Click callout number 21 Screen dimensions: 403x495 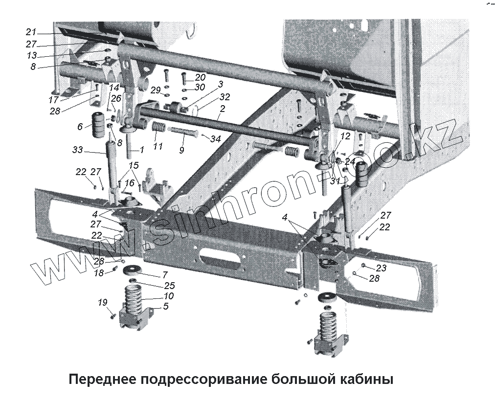pyautogui.click(x=31, y=32)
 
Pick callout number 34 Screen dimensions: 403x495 pyautogui.click(x=215, y=139)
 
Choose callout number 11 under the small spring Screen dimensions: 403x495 pyautogui.click(x=157, y=146)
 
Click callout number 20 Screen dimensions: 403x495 pyautogui.click(x=201, y=77)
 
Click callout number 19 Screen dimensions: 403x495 pyautogui.click(x=102, y=303)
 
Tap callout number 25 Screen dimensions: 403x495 pyautogui.click(x=169, y=285)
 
